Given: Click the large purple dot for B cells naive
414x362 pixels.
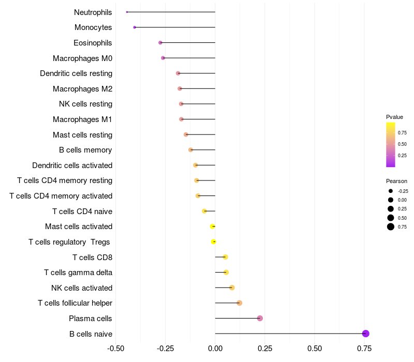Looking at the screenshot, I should (x=365, y=334).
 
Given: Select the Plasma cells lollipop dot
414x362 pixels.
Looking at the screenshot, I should (x=260, y=318).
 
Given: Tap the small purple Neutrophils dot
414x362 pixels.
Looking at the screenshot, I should (x=127, y=12).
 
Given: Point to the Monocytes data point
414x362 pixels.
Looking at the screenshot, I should (x=135, y=27).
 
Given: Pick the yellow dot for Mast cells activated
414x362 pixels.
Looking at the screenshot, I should (x=213, y=227).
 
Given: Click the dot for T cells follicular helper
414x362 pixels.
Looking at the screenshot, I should (x=239, y=303).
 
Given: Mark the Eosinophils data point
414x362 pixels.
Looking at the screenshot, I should (x=160, y=42).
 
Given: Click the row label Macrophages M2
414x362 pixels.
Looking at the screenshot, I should (x=82, y=89).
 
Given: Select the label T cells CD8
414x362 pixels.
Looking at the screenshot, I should (x=92, y=257).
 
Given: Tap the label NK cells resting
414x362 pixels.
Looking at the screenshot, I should (x=85, y=104).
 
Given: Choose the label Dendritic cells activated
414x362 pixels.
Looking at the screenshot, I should (x=72, y=165).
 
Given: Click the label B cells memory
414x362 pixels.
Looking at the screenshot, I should (x=85, y=150).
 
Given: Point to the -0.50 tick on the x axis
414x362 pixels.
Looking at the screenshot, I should (x=115, y=349).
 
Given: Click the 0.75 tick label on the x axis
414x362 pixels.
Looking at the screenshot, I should (x=364, y=349).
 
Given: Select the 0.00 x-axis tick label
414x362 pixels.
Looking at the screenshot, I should (x=215, y=349).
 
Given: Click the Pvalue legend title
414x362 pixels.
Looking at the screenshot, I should (x=394, y=117).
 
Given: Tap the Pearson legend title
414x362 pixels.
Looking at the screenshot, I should (x=396, y=181).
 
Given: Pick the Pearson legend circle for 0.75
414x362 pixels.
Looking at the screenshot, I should (x=391, y=227).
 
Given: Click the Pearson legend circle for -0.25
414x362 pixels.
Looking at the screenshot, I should (x=391, y=191).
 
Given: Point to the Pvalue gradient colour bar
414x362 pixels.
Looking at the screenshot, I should (x=391, y=145).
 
